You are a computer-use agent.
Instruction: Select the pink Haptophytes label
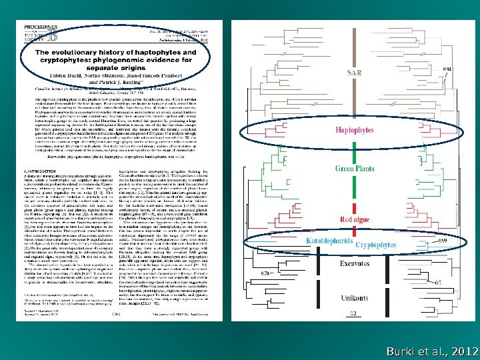[x=355, y=131]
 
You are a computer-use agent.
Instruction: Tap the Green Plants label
[x=354, y=169]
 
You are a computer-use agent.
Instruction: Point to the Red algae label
[x=355, y=219]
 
